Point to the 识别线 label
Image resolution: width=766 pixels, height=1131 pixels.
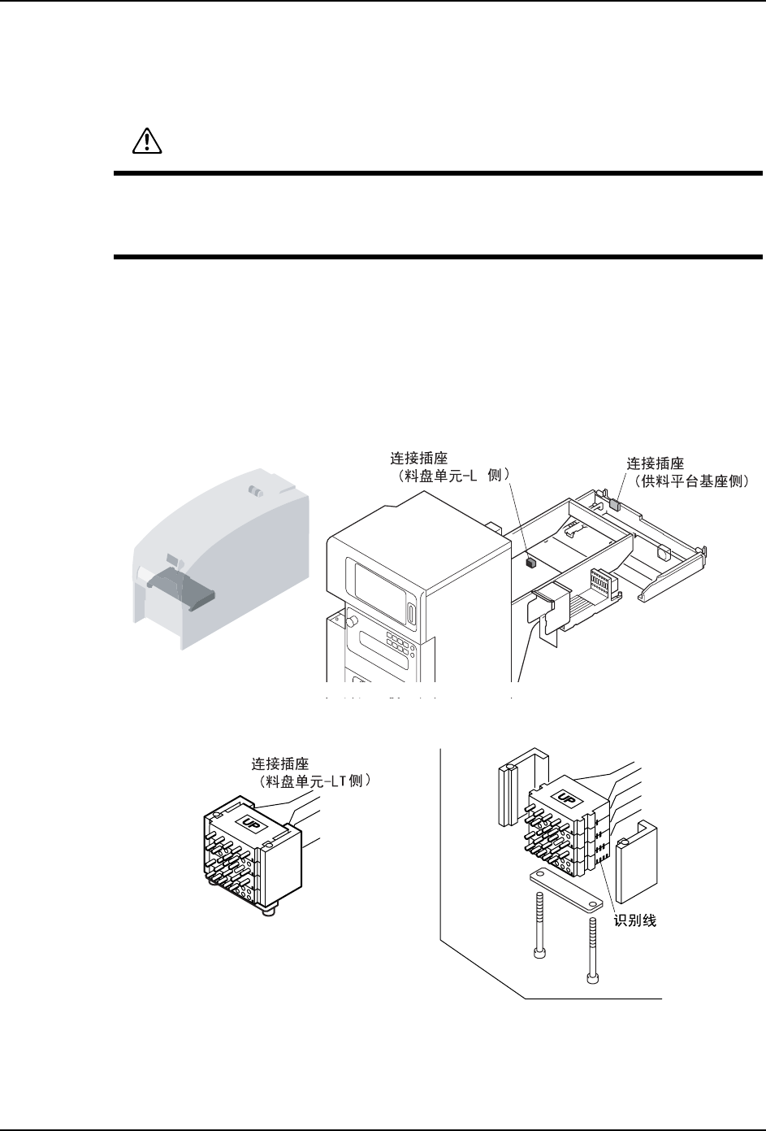tap(635, 921)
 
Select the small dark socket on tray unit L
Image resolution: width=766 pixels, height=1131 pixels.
tap(531, 560)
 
